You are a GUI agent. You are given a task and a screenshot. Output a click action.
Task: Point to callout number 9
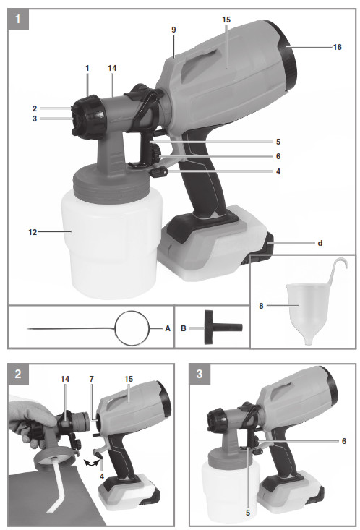point(173,30)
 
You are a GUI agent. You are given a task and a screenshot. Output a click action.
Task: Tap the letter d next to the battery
point(320,244)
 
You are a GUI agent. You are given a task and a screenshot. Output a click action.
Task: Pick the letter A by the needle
point(168,328)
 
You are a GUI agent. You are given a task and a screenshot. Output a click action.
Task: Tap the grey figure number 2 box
point(17,374)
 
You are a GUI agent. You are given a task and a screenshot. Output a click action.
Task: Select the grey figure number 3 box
point(200,374)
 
